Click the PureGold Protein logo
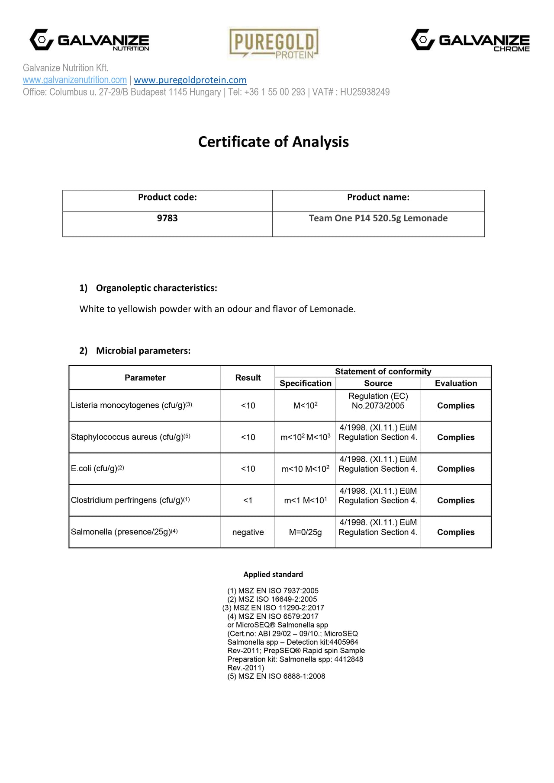274,43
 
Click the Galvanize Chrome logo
470,41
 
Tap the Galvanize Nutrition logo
89,41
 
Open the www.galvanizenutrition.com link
75,80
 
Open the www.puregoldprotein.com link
190,80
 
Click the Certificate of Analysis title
273,142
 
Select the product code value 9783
167,218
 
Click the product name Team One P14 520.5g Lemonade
378,218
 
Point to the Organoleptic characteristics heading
156,288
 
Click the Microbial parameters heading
143,351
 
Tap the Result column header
248,378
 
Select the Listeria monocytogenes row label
131,406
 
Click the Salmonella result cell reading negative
248,532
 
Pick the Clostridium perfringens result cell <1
248,501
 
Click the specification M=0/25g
305,532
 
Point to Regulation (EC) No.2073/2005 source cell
378,401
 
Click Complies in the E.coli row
455,469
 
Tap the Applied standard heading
273,575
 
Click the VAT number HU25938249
364,92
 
